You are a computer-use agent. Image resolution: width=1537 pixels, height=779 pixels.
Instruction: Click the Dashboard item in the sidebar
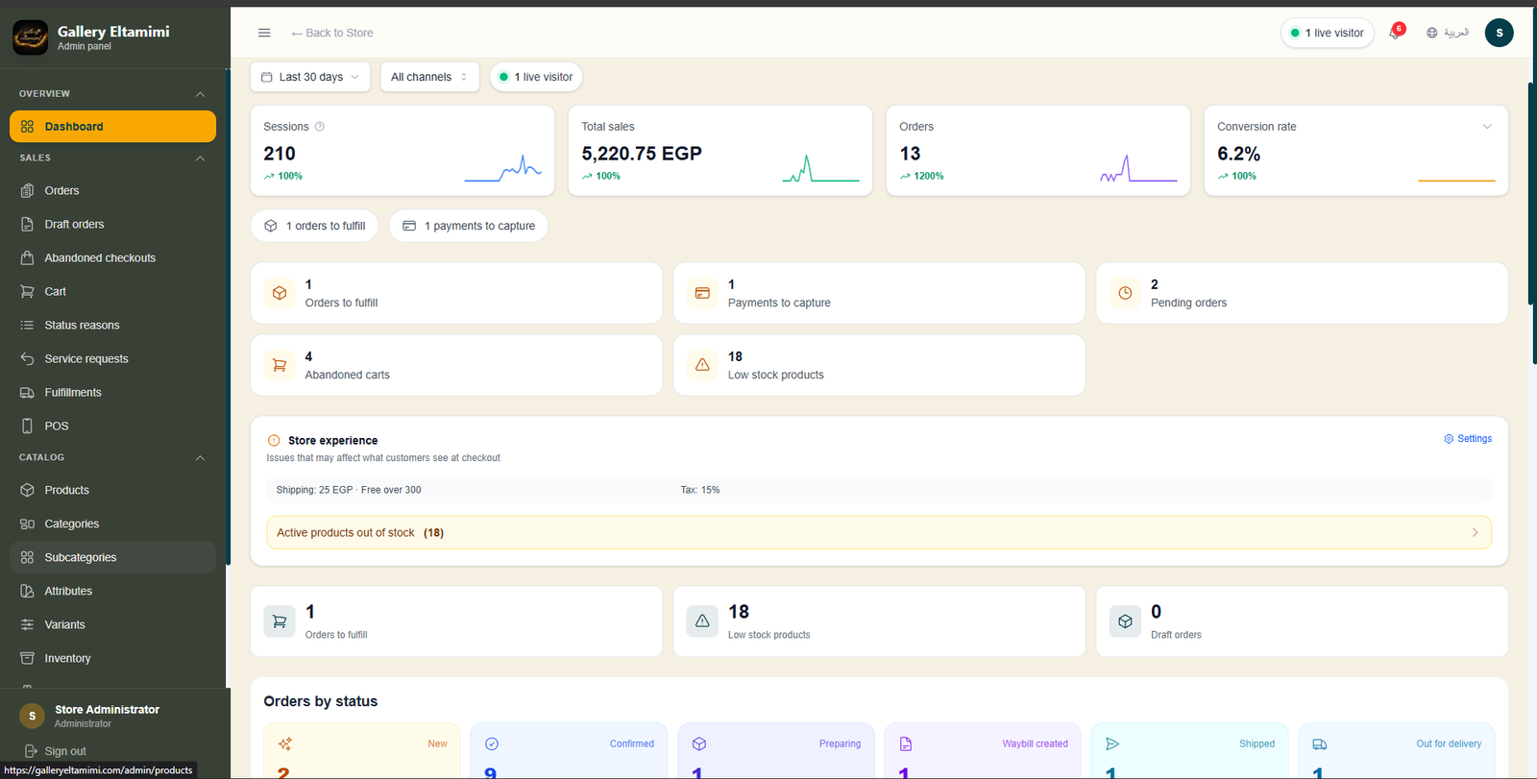coord(112,126)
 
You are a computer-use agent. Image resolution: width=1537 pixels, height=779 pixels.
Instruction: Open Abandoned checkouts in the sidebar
coord(100,258)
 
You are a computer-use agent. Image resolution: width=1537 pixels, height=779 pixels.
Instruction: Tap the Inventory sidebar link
coord(67,658)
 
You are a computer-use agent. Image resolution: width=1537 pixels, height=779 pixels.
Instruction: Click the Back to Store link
coord(332,33)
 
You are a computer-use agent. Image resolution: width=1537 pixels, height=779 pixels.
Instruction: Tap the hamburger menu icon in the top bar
coord(264,33)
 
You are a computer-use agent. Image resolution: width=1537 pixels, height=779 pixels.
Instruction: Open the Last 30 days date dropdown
coord(310,77)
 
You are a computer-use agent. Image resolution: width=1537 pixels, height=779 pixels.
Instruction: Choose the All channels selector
coord(429,77)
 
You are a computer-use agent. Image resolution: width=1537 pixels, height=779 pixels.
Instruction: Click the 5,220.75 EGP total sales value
coord(642,154)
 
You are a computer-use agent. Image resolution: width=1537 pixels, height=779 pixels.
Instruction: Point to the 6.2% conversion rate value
coord(1238,154)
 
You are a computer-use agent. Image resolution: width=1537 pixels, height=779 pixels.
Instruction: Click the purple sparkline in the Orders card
coord(1139,169)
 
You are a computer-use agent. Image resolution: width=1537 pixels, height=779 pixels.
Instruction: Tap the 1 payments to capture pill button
coord(469,226)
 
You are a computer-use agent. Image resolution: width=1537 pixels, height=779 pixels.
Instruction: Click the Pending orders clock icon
coord(1125,293)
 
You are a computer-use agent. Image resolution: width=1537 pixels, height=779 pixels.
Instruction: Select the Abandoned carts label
coord(347,375)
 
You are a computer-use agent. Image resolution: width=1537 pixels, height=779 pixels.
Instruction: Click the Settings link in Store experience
coord(1468,439)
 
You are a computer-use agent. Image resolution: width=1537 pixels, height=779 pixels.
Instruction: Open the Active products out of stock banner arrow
coord(1476,532)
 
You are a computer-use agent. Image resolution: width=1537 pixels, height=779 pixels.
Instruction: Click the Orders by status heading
coord(321,701)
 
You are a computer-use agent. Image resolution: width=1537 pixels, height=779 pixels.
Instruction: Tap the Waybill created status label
coord(1035,744)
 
